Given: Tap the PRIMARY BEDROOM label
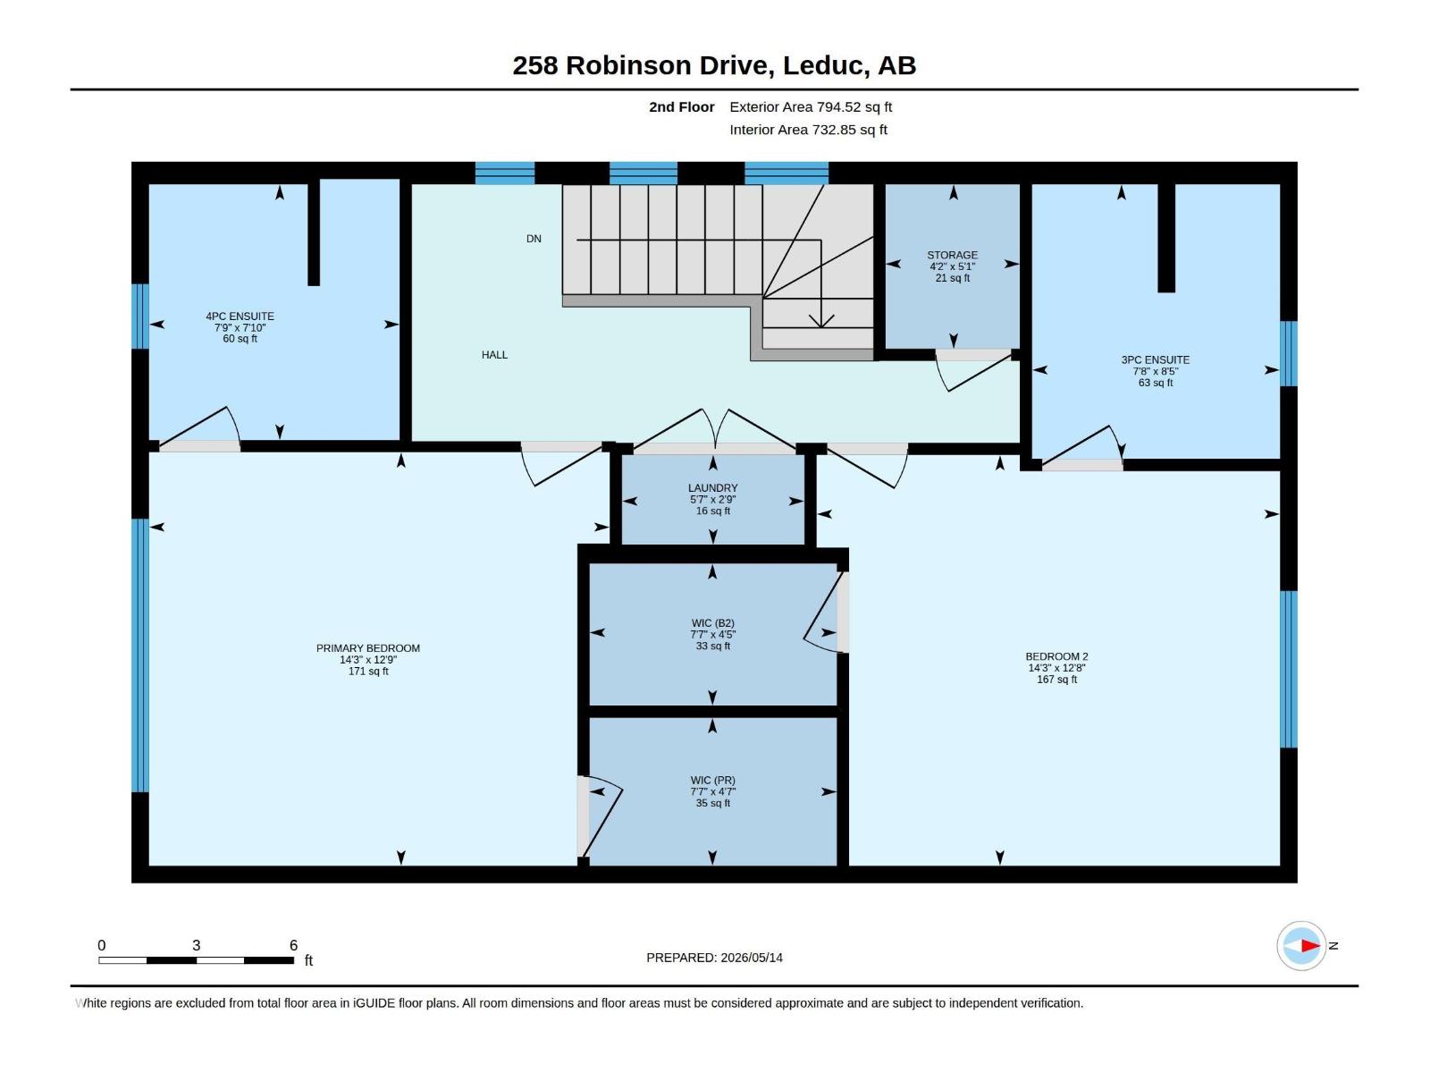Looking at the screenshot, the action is [368, 648].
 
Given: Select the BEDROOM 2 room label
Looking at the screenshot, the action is [1056, 656].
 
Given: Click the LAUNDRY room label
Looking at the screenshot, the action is [712, 488].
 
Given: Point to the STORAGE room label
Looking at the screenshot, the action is [953, 256].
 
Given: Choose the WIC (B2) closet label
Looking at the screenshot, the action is [712, 623].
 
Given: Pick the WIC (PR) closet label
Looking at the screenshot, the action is [712, 781].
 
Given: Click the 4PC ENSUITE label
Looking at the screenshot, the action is [240, 317].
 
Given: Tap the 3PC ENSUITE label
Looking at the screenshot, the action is [1155, 359].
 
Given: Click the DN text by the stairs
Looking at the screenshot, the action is [534, 239].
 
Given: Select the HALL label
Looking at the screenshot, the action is [494, 355].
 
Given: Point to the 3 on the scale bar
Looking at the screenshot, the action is [196, 945].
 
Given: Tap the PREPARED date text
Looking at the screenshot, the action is [715, 958].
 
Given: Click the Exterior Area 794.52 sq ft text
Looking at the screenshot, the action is [811, 106].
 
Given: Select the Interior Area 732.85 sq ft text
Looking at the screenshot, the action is [809, 130].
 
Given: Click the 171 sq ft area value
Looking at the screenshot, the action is [368, 672].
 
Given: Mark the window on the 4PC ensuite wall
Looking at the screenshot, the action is [140, 317].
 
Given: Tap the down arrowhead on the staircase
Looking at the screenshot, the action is [820, 321].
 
